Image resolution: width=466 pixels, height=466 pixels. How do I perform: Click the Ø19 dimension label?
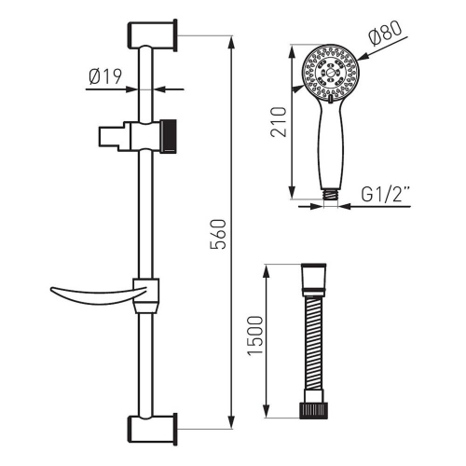(x=105, y=76)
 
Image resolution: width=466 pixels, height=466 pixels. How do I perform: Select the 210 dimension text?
(x=279, y=122)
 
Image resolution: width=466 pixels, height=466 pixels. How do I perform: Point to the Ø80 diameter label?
(x=385, y=34)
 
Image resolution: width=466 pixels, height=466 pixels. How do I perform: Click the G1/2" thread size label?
(x=386, y=194)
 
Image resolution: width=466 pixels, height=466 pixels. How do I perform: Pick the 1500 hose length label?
(x=255, y=336)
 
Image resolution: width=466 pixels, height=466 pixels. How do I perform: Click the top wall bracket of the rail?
(x=152, y=34)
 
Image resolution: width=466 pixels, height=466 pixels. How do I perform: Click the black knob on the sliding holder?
(x=168, y=136)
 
